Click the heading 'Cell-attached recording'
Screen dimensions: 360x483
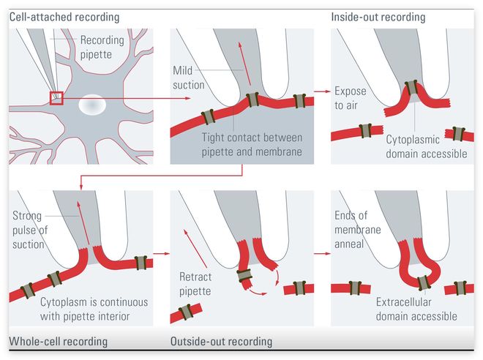coord(64,17)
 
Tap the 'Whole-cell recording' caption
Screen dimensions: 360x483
coord(58,342)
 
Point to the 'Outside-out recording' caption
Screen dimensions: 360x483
coord(221,342)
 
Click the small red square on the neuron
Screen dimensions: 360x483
coord(56,98)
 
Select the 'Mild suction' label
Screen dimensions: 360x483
coord(189,78)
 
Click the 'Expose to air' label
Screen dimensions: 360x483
coord(350,98)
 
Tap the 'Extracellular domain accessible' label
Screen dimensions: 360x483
coord(416,310)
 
